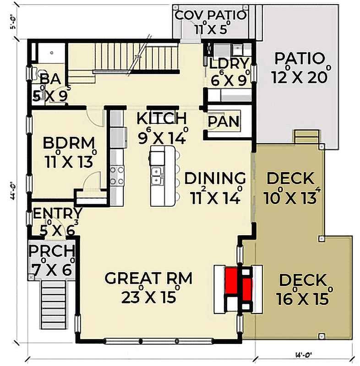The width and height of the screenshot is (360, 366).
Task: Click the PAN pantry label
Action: [x=223, y=122]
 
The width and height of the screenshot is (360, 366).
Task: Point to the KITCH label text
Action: [x=162, y=118]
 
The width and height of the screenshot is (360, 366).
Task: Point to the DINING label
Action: [x=215, y=178]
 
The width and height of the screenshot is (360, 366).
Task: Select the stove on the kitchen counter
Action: [x=117, y=175]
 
